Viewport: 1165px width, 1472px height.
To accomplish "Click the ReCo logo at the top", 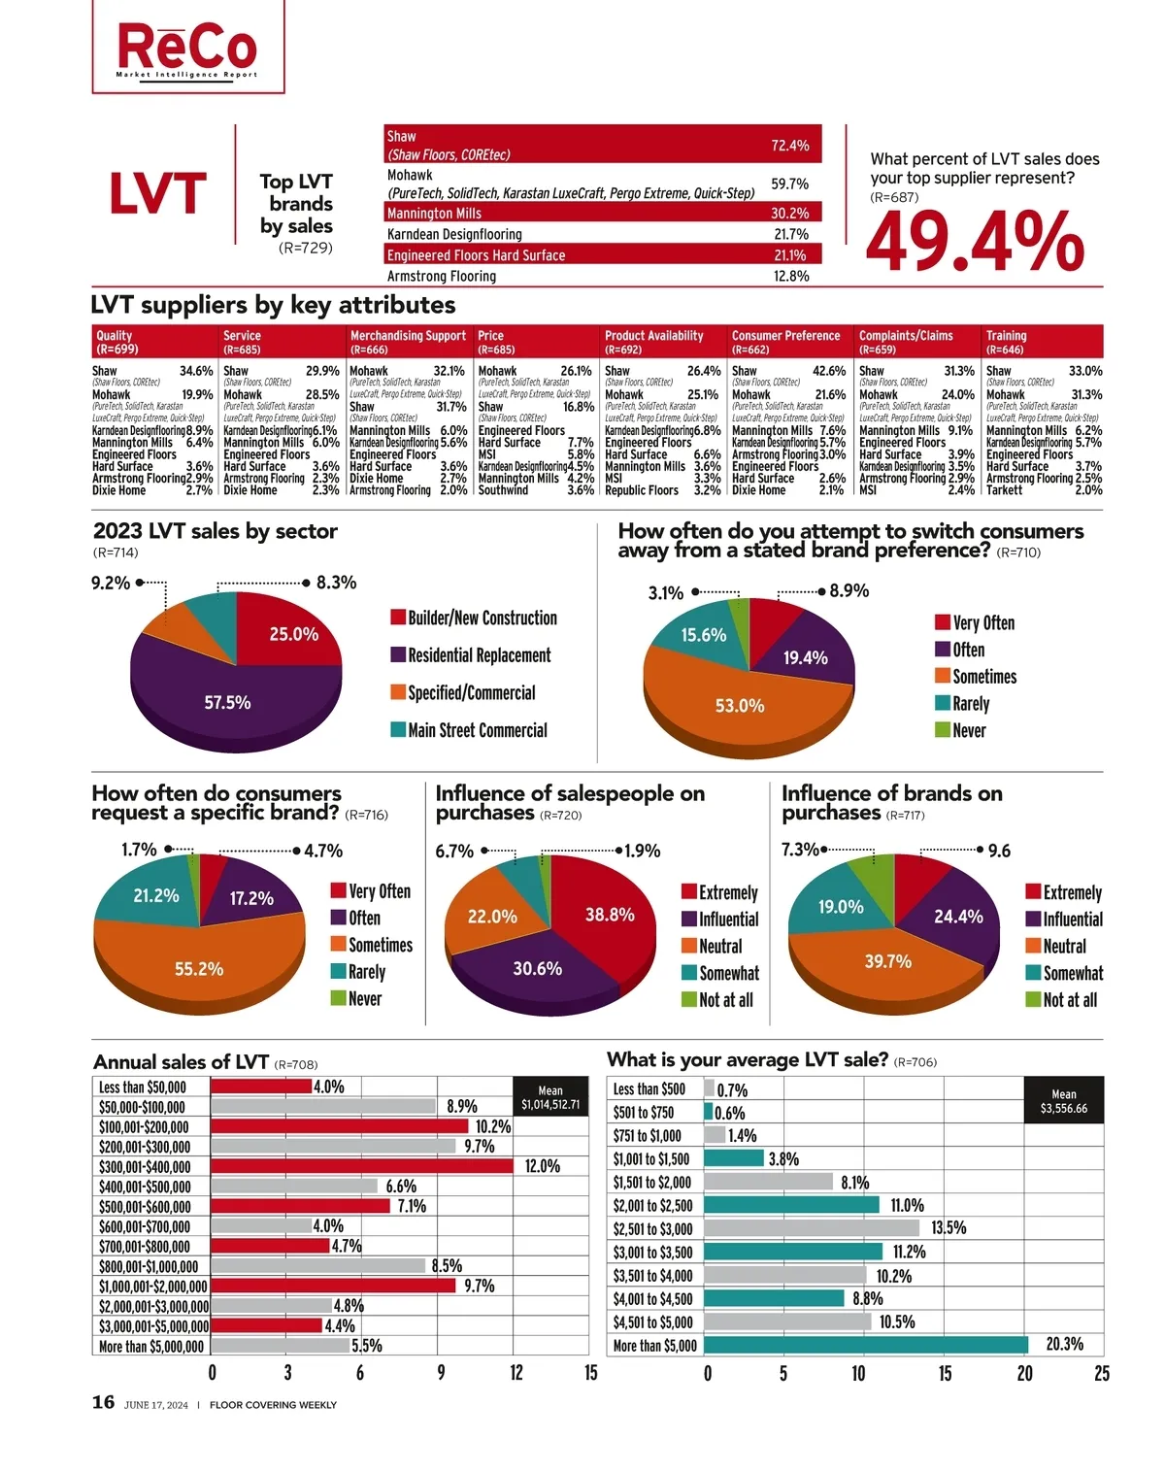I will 187,48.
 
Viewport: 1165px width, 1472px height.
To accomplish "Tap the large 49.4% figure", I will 974,242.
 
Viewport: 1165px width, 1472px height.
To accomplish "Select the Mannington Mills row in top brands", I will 602,213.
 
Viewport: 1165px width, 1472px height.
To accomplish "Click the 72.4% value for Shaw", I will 789,146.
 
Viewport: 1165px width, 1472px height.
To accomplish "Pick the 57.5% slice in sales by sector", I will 228,702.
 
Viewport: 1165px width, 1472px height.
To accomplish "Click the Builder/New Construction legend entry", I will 474,618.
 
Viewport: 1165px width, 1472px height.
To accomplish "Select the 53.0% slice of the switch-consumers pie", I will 740,706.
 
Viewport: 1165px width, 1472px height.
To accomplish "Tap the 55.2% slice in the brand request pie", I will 199,969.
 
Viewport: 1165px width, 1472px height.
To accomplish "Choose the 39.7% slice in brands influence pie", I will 888,961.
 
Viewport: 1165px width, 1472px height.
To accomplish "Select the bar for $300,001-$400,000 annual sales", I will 361,1166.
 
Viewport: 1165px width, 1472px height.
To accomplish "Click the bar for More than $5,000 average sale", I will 866,1345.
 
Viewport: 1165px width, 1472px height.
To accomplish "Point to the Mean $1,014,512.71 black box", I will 550,1097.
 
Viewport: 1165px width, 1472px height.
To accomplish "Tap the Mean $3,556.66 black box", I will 1064,1100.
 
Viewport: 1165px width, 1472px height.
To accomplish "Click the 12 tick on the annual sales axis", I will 516,1372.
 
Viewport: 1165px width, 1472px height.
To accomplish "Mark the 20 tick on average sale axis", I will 1024,1373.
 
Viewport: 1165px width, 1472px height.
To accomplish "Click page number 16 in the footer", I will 103,1402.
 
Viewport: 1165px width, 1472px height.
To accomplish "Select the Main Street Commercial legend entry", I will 469,730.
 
